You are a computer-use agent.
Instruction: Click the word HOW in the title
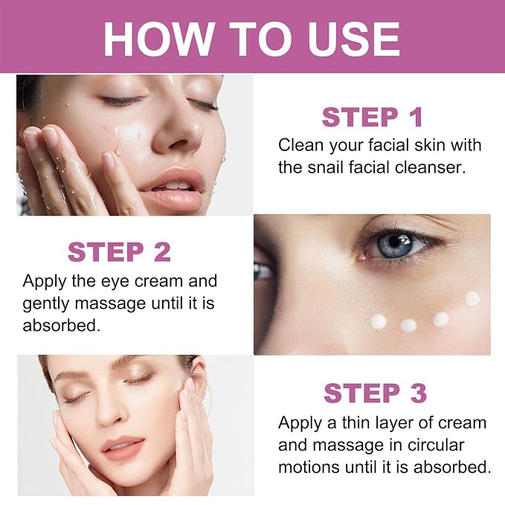coord(158,39)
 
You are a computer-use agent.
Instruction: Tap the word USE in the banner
coord(353,39)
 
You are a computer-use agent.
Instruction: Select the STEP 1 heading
coord(372,118)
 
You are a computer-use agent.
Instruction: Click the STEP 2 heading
coord(119,252)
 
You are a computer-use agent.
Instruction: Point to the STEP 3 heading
coord(375,393)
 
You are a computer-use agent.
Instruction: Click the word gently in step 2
coord(45,304)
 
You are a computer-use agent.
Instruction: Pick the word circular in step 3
coord(436,445)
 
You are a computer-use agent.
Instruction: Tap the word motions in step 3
coord(309,467)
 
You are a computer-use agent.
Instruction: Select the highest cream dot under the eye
coord(472,298)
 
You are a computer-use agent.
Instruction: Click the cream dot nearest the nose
coord(378,321)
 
